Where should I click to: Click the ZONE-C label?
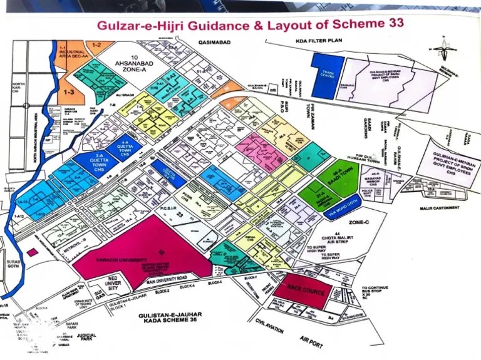359,222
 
